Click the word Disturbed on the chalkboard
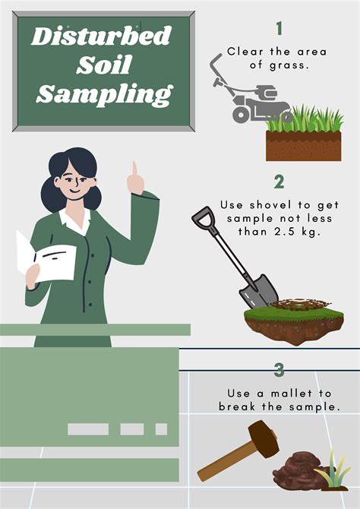[101, 36]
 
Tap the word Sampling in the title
[103, 93]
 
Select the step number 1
[279, 29]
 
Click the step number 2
[279, 182]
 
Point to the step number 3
[279, 370]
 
